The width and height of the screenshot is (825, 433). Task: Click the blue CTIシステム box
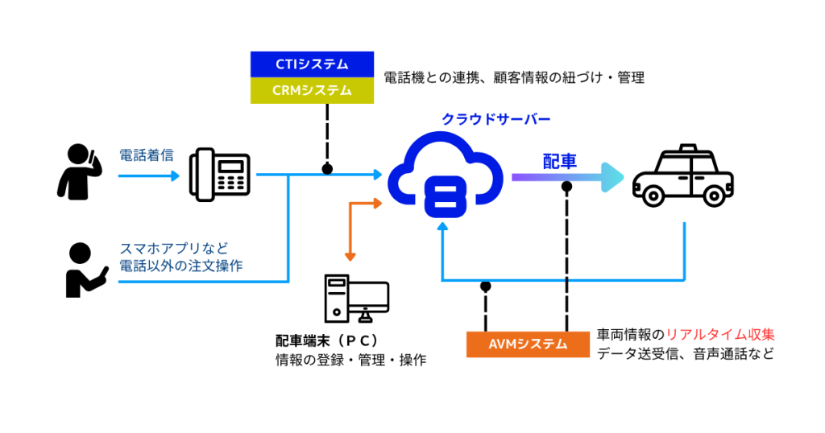[x=312, y=64]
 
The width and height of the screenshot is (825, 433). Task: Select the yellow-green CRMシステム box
[x=312, y=90]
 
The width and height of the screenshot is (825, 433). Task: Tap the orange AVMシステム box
[x=528, y=344]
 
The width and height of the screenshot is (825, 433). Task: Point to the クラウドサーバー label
[x=495, y=119]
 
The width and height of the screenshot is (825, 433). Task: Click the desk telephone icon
[x=220, y=175]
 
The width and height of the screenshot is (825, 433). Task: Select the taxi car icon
[x=683, y=175]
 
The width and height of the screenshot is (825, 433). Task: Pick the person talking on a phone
[x=79, y=172]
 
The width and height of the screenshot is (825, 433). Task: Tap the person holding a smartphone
[x=85, y=270]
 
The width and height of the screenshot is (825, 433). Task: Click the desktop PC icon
[x=357, y=299]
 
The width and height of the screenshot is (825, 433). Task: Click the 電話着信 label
[x=147, y=155]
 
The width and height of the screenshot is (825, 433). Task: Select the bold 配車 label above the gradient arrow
[x=560, y=161]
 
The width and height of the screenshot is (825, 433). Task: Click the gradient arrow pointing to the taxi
[x=568, y=178]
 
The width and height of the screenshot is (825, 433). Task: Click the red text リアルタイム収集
[x=720, y=335]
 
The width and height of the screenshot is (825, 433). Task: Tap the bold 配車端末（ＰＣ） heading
[x=327, y=340]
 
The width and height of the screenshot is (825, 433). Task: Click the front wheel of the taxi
[x=653, y=196]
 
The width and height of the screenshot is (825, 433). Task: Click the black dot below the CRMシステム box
[x=327, y=169]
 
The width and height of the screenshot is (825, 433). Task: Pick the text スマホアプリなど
[x=174, y=248]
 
